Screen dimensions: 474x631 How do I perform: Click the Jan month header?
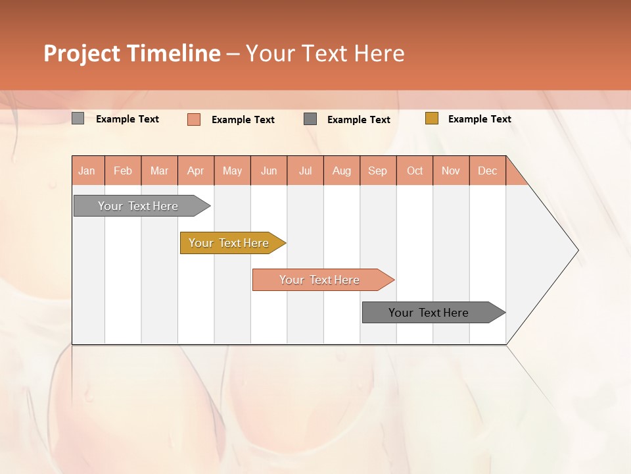(87, 171)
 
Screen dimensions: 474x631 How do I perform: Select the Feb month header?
(123, 171)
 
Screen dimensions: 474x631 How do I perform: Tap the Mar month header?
(159, 171)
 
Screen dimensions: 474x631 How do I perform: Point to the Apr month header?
(196, 171)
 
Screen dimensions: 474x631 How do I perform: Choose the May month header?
(232, 171)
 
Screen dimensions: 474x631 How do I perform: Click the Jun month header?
(269, 171)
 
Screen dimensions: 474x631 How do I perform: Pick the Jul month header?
(305, 171)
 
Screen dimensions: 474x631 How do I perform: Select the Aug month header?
(342, 171)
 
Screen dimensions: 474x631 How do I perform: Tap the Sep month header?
(378, 171)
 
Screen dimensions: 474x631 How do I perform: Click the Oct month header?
(415, 171)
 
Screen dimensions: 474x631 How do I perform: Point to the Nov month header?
(451, 171)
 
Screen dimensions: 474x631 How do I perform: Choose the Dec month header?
(488, 171)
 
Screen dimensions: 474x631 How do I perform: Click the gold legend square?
(431, 118)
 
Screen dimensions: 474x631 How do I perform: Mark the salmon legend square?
(194, 119)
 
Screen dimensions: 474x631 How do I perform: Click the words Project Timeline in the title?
(132, 53)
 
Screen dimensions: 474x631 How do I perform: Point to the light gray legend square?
(78, 118)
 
